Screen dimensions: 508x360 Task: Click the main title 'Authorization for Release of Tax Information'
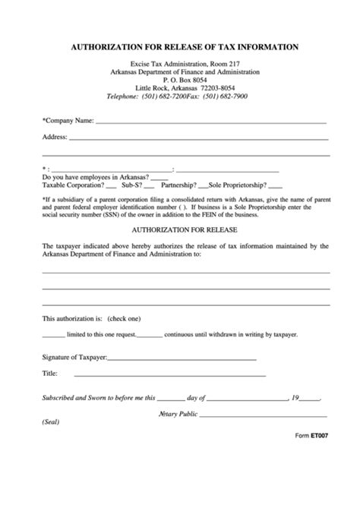tap(185, 47)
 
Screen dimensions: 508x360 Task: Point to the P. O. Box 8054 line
tap(185, 80)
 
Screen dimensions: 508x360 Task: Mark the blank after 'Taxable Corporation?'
tap(112, 186)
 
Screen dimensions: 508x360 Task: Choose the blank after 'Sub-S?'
tap(149, 186)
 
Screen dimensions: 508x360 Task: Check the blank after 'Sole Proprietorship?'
tap(275, 186)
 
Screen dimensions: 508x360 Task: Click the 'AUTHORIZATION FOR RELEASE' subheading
tap(185, 229)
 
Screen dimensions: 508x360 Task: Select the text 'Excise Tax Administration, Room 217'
tap(185, 63)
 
